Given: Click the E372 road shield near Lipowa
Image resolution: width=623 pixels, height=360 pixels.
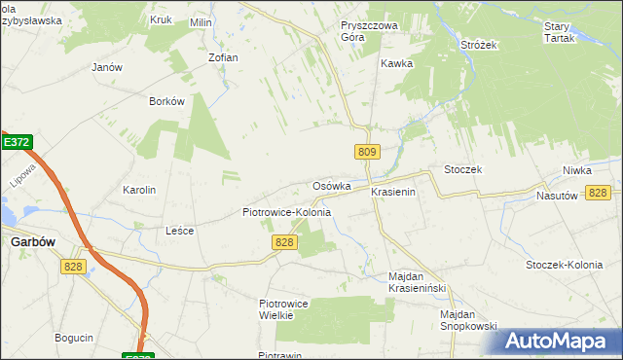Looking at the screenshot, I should point(16,142).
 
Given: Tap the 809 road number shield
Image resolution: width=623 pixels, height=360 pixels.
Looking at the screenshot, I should point(366,152).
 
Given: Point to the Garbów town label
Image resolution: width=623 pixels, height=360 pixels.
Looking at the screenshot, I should point(30,244).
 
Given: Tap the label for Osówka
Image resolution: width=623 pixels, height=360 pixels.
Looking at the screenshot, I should point(332,186).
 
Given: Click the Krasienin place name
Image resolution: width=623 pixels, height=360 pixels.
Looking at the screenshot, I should point(393,193).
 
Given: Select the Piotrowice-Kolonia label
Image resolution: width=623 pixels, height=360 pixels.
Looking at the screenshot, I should point(286,212).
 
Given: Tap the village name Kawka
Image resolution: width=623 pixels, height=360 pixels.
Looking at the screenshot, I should point(397,63).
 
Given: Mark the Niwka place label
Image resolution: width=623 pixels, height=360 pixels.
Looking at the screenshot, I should point(576,170).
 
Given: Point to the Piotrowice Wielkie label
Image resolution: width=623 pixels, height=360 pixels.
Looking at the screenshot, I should point(283,309).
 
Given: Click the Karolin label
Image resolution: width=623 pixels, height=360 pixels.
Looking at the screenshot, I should point(139,190).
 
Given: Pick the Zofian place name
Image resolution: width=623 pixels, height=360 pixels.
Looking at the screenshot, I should point(223,57).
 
